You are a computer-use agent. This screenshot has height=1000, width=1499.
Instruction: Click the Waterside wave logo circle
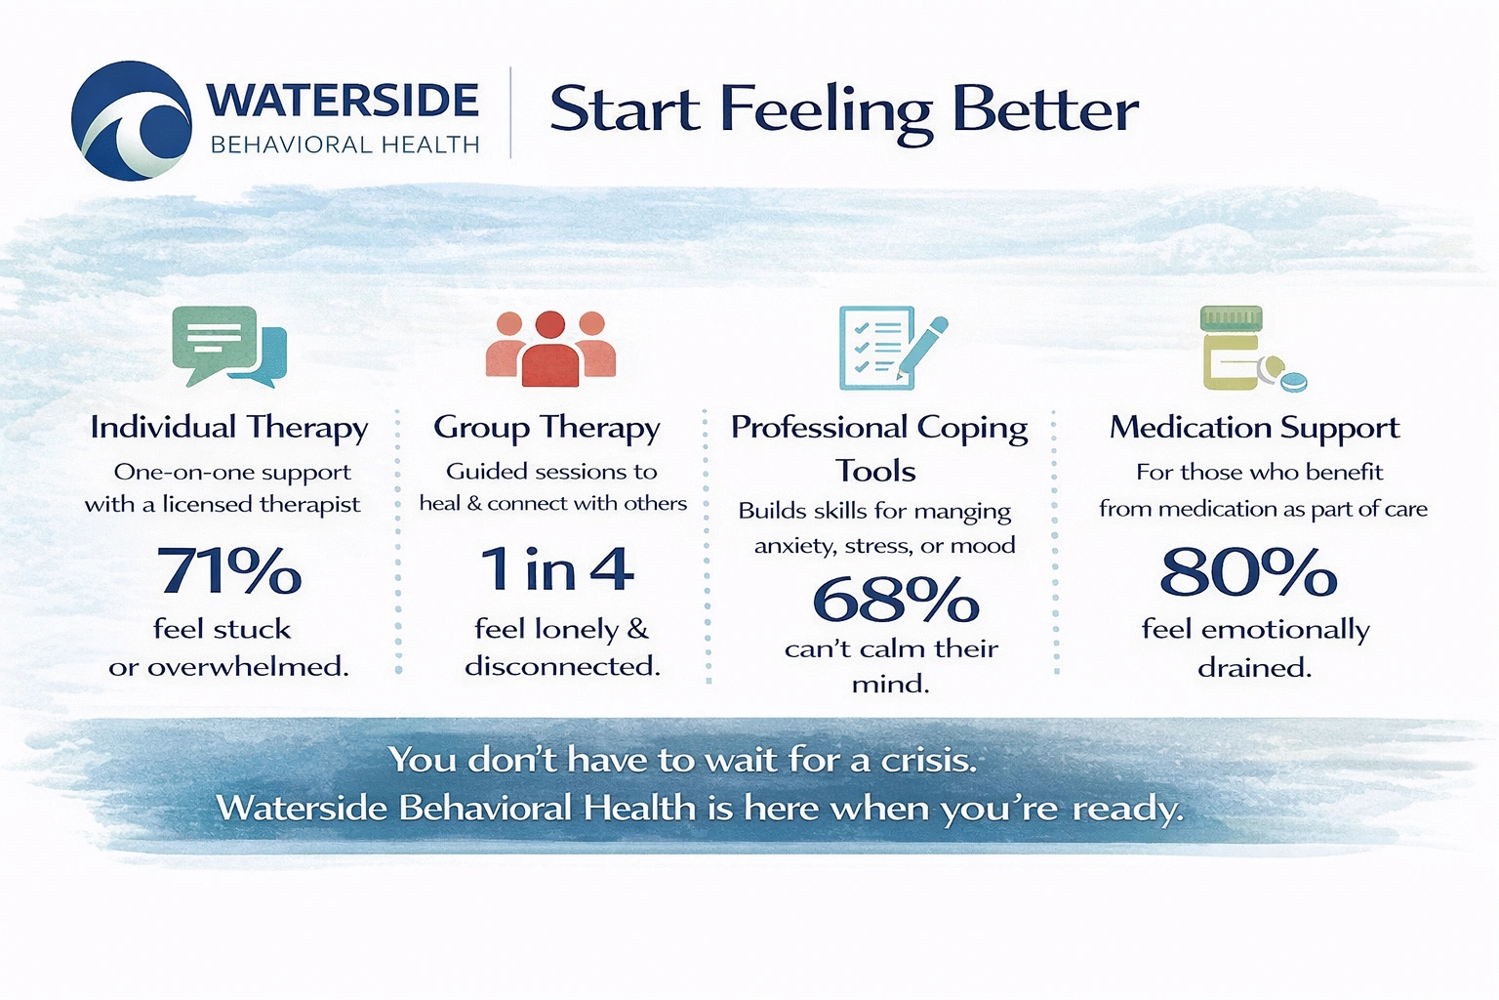point(132,120)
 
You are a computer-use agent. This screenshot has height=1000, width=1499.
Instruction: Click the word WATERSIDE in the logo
point(343,101)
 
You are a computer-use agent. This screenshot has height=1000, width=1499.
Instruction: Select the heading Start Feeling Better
point(843,109)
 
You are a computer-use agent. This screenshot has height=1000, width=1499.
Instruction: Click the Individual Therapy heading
point(229,428)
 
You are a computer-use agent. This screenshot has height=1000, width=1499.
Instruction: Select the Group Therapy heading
point(547,428)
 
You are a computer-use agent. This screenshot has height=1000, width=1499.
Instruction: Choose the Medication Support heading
point(1254,428)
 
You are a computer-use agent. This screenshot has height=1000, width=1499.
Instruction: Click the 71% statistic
point(229,571)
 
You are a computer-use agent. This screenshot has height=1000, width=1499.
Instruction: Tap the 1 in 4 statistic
point(556,569)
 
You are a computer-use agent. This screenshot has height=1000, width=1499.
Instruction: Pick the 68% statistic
point(895,600)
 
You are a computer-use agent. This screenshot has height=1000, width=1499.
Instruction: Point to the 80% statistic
point(1248,572)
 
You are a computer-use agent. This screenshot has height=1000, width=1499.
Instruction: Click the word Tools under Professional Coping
point(875,472)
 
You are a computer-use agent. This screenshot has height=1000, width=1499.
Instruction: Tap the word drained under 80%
point(1254,668)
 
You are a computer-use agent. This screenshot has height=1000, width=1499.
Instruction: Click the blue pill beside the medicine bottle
point(1293,381)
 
